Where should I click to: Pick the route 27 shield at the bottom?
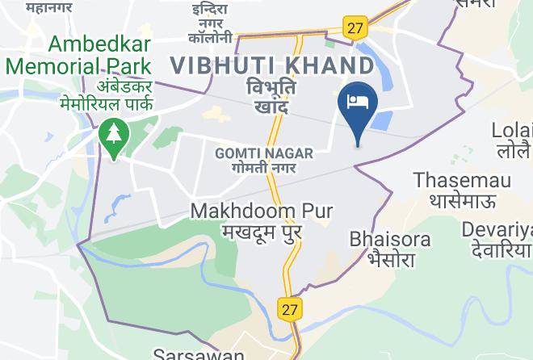pos(290,308)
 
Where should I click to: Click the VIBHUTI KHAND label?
pos(271,63)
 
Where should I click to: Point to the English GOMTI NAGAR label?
pos(256,152)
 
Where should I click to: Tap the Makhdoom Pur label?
pos(262,211)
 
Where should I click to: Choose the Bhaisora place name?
pos(390,240)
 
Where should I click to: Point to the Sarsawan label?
pos(199,354)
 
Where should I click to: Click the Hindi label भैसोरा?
pos(391,260)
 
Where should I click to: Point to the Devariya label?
pos(497,230)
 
